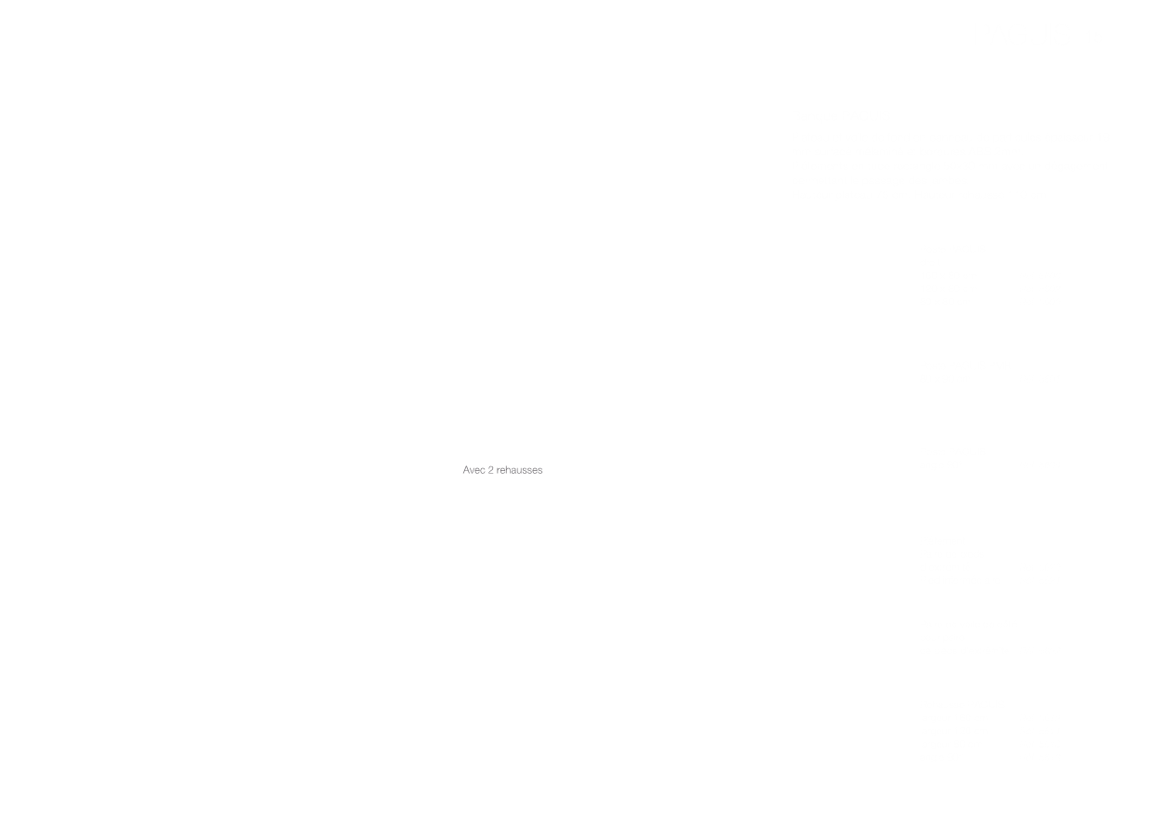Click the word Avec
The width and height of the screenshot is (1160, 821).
tap(473, 470)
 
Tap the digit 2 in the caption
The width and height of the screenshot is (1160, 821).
tap(490, 470)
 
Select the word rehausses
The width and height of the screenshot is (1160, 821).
tap(519, 470)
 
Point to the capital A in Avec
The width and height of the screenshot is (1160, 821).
tap(466, 470)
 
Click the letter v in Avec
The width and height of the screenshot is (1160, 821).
tap(473, 471)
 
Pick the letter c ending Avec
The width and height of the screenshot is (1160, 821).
tap(483, 471)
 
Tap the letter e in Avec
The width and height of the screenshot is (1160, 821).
tap(477, 471)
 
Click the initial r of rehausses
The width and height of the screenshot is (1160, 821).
tap(499, 471)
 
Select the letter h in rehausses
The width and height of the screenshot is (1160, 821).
tap(508, 470)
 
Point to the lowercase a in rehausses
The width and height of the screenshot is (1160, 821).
tap(514, 471)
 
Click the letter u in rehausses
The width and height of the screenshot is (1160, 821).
tap(520, 471)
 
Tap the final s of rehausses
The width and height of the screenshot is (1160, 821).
tap(540, 471)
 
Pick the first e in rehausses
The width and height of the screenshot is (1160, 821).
tap(503, 471)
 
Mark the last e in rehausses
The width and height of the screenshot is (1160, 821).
tap(535, 471)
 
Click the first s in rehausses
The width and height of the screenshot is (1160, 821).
tap(525, 471)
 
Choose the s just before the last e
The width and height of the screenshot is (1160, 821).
tap(530, 471)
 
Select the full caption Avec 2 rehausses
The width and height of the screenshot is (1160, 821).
tap(502, 470)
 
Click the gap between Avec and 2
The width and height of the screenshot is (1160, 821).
tap(487, 470)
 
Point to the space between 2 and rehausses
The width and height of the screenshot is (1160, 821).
tap(495, 470)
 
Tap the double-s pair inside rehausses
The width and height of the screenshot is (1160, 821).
tap(527, 471)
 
